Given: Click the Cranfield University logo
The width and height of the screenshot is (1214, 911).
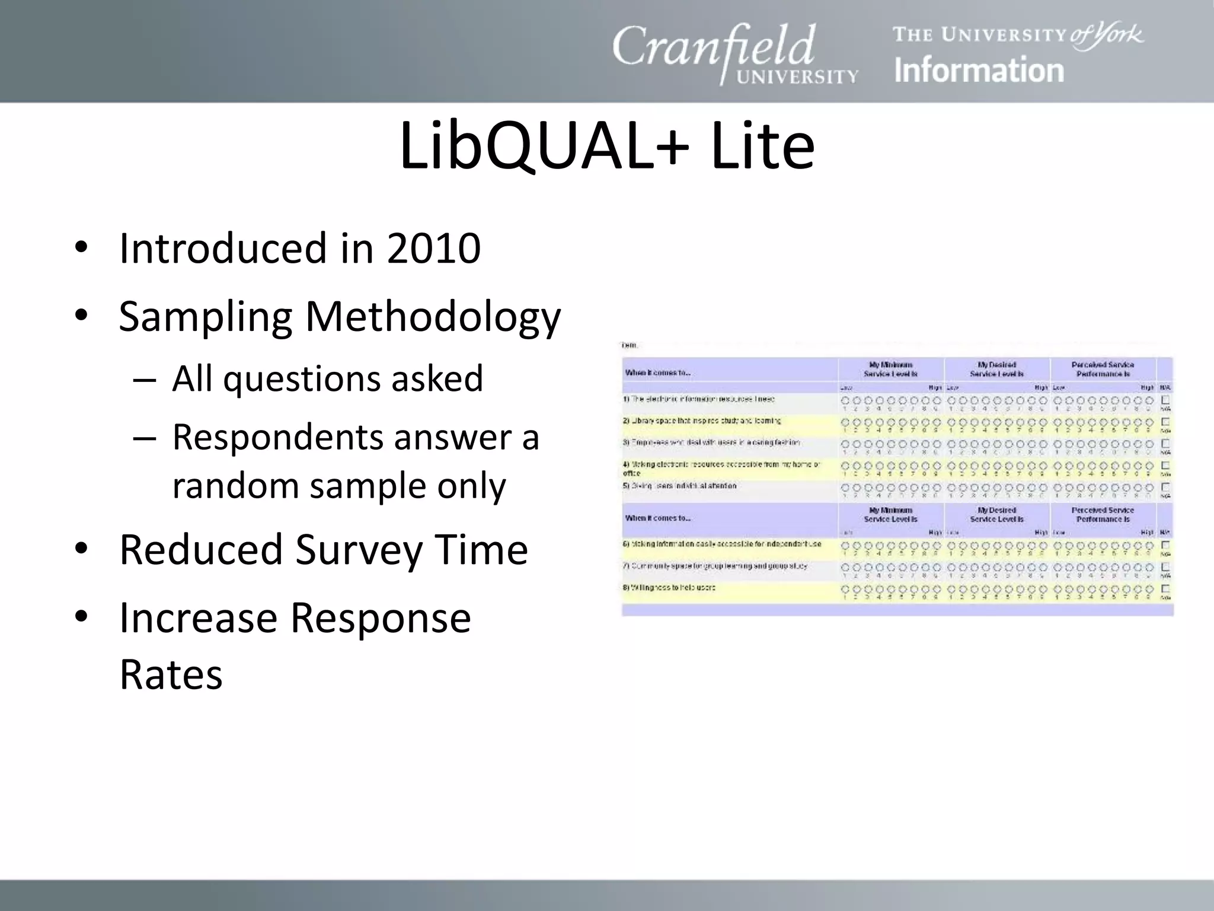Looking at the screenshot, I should [x=735, y=53].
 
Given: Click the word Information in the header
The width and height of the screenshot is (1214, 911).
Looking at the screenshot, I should [x=979, y=71].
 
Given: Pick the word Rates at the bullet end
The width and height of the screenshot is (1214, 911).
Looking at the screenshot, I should [x=171, y=674].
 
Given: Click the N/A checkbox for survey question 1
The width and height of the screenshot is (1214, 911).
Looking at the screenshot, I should [x=1165, y=400].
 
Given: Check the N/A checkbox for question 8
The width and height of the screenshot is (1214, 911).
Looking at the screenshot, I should [x=1165, y=589].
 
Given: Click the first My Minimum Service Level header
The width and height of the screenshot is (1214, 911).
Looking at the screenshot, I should [x=890, y=370].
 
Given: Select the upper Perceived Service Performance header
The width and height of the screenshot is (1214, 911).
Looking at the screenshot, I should [x=1103, y=370].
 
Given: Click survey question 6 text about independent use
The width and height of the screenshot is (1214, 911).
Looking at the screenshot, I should [x=722, y=544].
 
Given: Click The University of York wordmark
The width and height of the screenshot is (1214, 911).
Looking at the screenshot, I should [x=1018, y=35].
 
